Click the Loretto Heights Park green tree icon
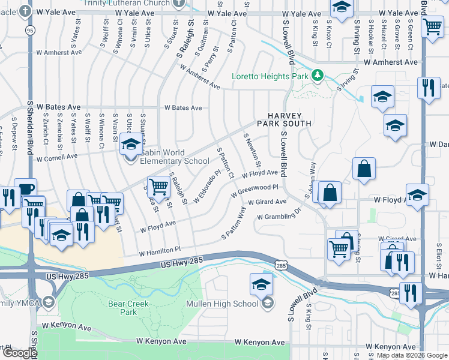[317, 76]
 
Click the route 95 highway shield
[29, 29]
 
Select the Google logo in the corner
[19, 353]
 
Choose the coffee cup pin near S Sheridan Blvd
[25, 189]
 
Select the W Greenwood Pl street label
[255, 190]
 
